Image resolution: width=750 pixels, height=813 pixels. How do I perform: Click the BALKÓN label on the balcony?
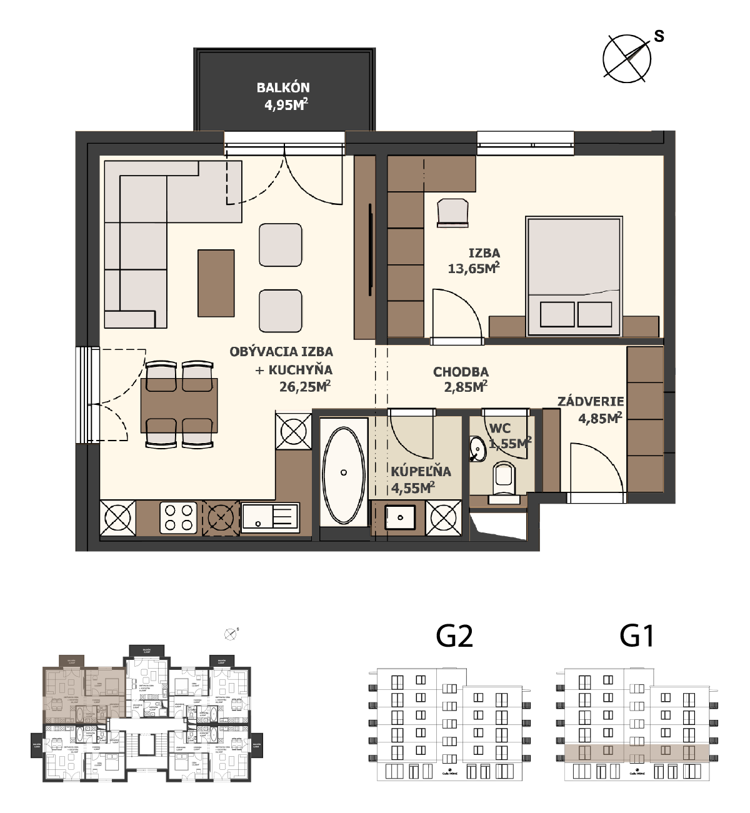(x=283, y=88)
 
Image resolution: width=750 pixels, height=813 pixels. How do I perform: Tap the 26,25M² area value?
(x=304, y=387)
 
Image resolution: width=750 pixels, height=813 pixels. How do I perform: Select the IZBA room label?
(x=484, y=253)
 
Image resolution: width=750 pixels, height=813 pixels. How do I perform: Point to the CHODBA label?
(x=461, y=372)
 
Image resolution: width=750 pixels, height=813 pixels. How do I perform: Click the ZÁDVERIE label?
(x=591, y=401)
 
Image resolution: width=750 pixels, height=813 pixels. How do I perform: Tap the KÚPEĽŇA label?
(x=421, y=472)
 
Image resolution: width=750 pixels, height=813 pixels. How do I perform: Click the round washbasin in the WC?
(x=478, y=449)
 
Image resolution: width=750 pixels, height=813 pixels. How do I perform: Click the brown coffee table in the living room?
(x=216, y=283)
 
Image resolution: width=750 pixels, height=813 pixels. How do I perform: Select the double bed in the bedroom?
(x=574, y=275)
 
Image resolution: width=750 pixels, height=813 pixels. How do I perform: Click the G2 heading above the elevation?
(x=454, y=636)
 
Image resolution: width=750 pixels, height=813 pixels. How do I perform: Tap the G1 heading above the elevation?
(x=637, y=636)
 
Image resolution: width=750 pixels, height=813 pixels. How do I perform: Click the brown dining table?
(x=179, y=406)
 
